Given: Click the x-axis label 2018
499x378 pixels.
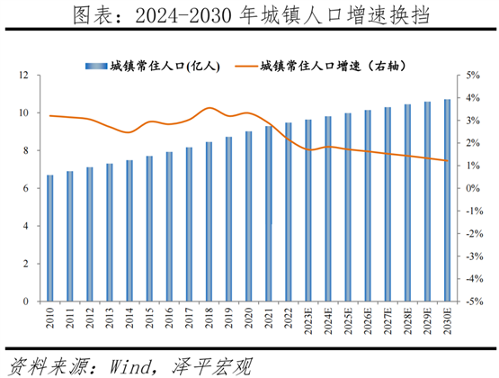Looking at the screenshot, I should pos(209,318).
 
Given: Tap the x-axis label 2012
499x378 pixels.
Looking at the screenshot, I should pos(90,318).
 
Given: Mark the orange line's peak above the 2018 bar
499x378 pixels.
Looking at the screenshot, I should pos(209,108).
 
